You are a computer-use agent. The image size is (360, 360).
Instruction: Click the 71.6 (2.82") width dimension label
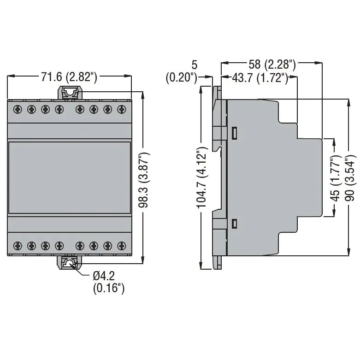pos(69,77)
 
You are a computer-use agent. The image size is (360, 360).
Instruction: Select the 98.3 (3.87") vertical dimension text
pos(144,180)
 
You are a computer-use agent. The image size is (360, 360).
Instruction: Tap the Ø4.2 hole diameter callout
pos(104,276)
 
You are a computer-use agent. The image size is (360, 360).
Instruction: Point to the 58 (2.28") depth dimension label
pos(272,64)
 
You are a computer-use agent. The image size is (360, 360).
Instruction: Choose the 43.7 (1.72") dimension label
pos(260,78)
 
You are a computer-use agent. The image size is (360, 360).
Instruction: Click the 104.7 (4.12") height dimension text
pos(202,178)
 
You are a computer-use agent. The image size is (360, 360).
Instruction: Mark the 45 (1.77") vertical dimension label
pos(335,178)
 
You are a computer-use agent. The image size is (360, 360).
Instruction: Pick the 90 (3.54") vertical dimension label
pos(350,178)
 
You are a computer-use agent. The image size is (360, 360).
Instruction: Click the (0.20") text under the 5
pos(182,77)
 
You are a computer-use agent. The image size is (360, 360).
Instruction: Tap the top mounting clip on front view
pos(70,93)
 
